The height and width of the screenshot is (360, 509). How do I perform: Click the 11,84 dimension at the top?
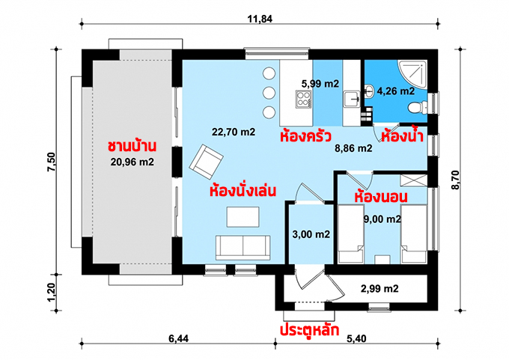pos(260,19)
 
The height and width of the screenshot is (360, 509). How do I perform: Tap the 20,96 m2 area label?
pos(132,162)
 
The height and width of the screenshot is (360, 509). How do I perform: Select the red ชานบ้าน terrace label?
pos(132,146)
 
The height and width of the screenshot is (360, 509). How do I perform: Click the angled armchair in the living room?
pos(206,162)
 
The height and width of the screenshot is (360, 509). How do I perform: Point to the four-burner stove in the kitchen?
pos(303,99)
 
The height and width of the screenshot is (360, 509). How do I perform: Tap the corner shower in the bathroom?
pos(412,73)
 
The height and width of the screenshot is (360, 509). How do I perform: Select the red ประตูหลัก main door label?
pos(310,330)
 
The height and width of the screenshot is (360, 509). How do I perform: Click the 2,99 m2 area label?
pos(380,288)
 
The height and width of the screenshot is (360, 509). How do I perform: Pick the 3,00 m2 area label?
pos(311,234)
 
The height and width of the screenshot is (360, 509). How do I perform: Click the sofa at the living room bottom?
pos(243,248)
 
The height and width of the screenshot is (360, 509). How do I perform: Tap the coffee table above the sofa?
pos(243,217)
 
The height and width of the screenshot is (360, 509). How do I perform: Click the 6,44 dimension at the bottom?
pos(178,339)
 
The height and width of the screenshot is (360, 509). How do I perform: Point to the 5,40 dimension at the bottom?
pos(356,339)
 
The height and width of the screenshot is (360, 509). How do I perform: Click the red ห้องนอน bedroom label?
pos(381,197)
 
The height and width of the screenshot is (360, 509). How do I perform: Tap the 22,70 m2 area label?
pos(234,132)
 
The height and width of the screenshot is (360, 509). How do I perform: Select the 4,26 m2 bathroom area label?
pos(396,91)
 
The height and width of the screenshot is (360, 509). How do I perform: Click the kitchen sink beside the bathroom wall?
pos(352,99)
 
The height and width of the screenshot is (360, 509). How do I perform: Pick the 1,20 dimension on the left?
pos(52,292)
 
